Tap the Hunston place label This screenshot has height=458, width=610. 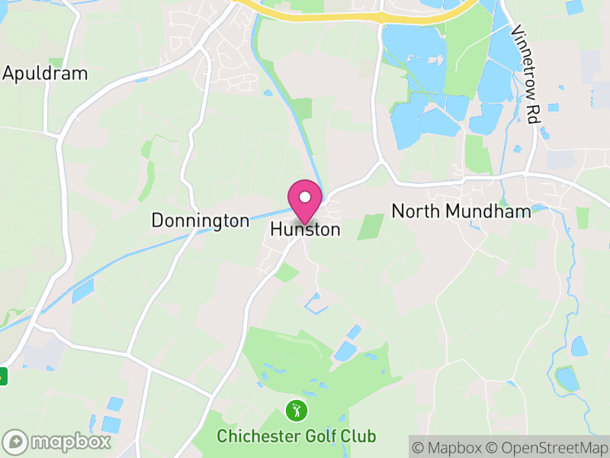tap(305, 229)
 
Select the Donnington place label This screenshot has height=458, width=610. tap(200, 221)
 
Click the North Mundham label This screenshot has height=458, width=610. tap(461, 211)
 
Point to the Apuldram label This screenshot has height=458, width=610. tap(45, 74)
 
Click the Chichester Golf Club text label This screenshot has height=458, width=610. tap(296, 437)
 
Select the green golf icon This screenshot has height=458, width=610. tap(296, 411)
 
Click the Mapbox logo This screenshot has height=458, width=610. tap(57, 441)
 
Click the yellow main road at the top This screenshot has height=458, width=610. tap(320, 15)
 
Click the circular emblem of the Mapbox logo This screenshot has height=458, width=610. tap(15, 441)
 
